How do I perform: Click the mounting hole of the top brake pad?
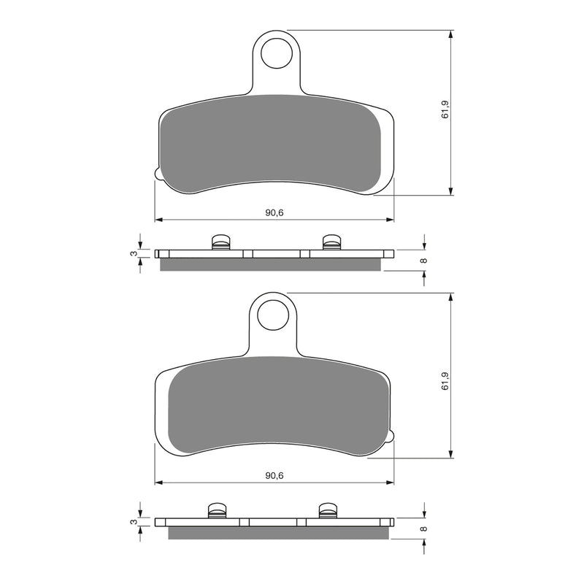[277, 53]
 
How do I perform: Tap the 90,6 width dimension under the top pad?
[274, 212]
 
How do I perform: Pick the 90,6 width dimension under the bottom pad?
[274, 476]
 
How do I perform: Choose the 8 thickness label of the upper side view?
[423, 260]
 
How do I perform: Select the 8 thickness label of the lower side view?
[423, 528]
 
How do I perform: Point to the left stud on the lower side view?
[217, 510]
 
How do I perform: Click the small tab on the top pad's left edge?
[157, 174]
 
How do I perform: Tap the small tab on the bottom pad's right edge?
[392, 437]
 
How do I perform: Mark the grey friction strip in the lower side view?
[277, 533]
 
